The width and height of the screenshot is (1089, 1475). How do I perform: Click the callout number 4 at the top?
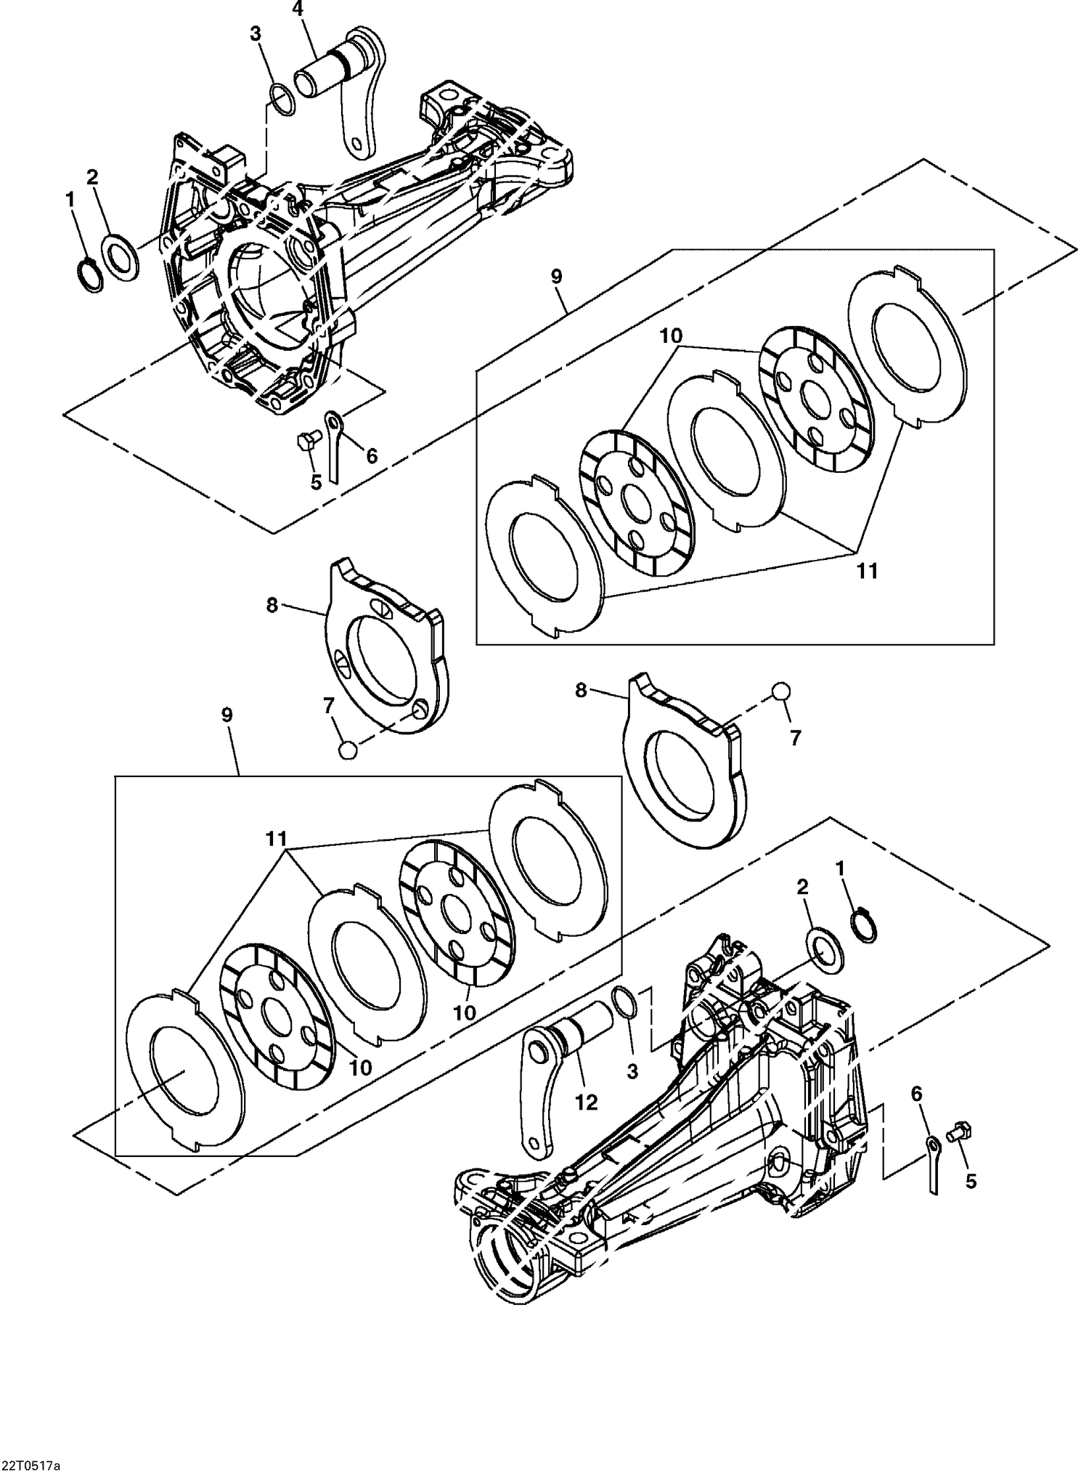(297, 9)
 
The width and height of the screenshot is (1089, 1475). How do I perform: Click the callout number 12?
(586, 1102)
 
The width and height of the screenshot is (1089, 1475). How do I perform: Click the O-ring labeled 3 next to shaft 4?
(282, 98)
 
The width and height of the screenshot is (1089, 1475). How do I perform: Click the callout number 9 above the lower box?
(227, 715)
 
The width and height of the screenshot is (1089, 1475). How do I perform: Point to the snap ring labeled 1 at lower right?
(863, 926)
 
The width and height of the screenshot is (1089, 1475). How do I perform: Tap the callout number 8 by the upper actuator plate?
(272, 605)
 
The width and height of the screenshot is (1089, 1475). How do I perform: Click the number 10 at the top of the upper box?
(672, 336)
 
